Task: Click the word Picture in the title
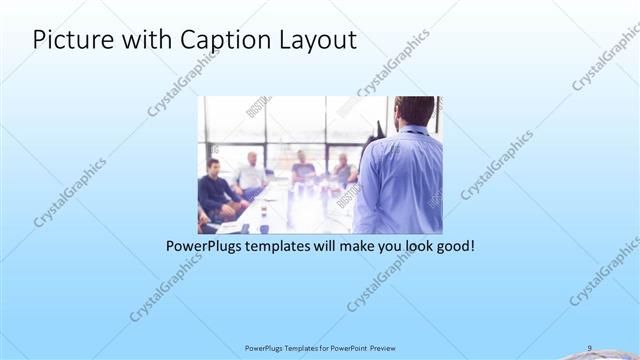point(73,40)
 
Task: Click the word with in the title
point(149,40)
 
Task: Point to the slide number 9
point(589,347)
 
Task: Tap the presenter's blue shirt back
point(400,180)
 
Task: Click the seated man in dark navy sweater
point(214,187)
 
